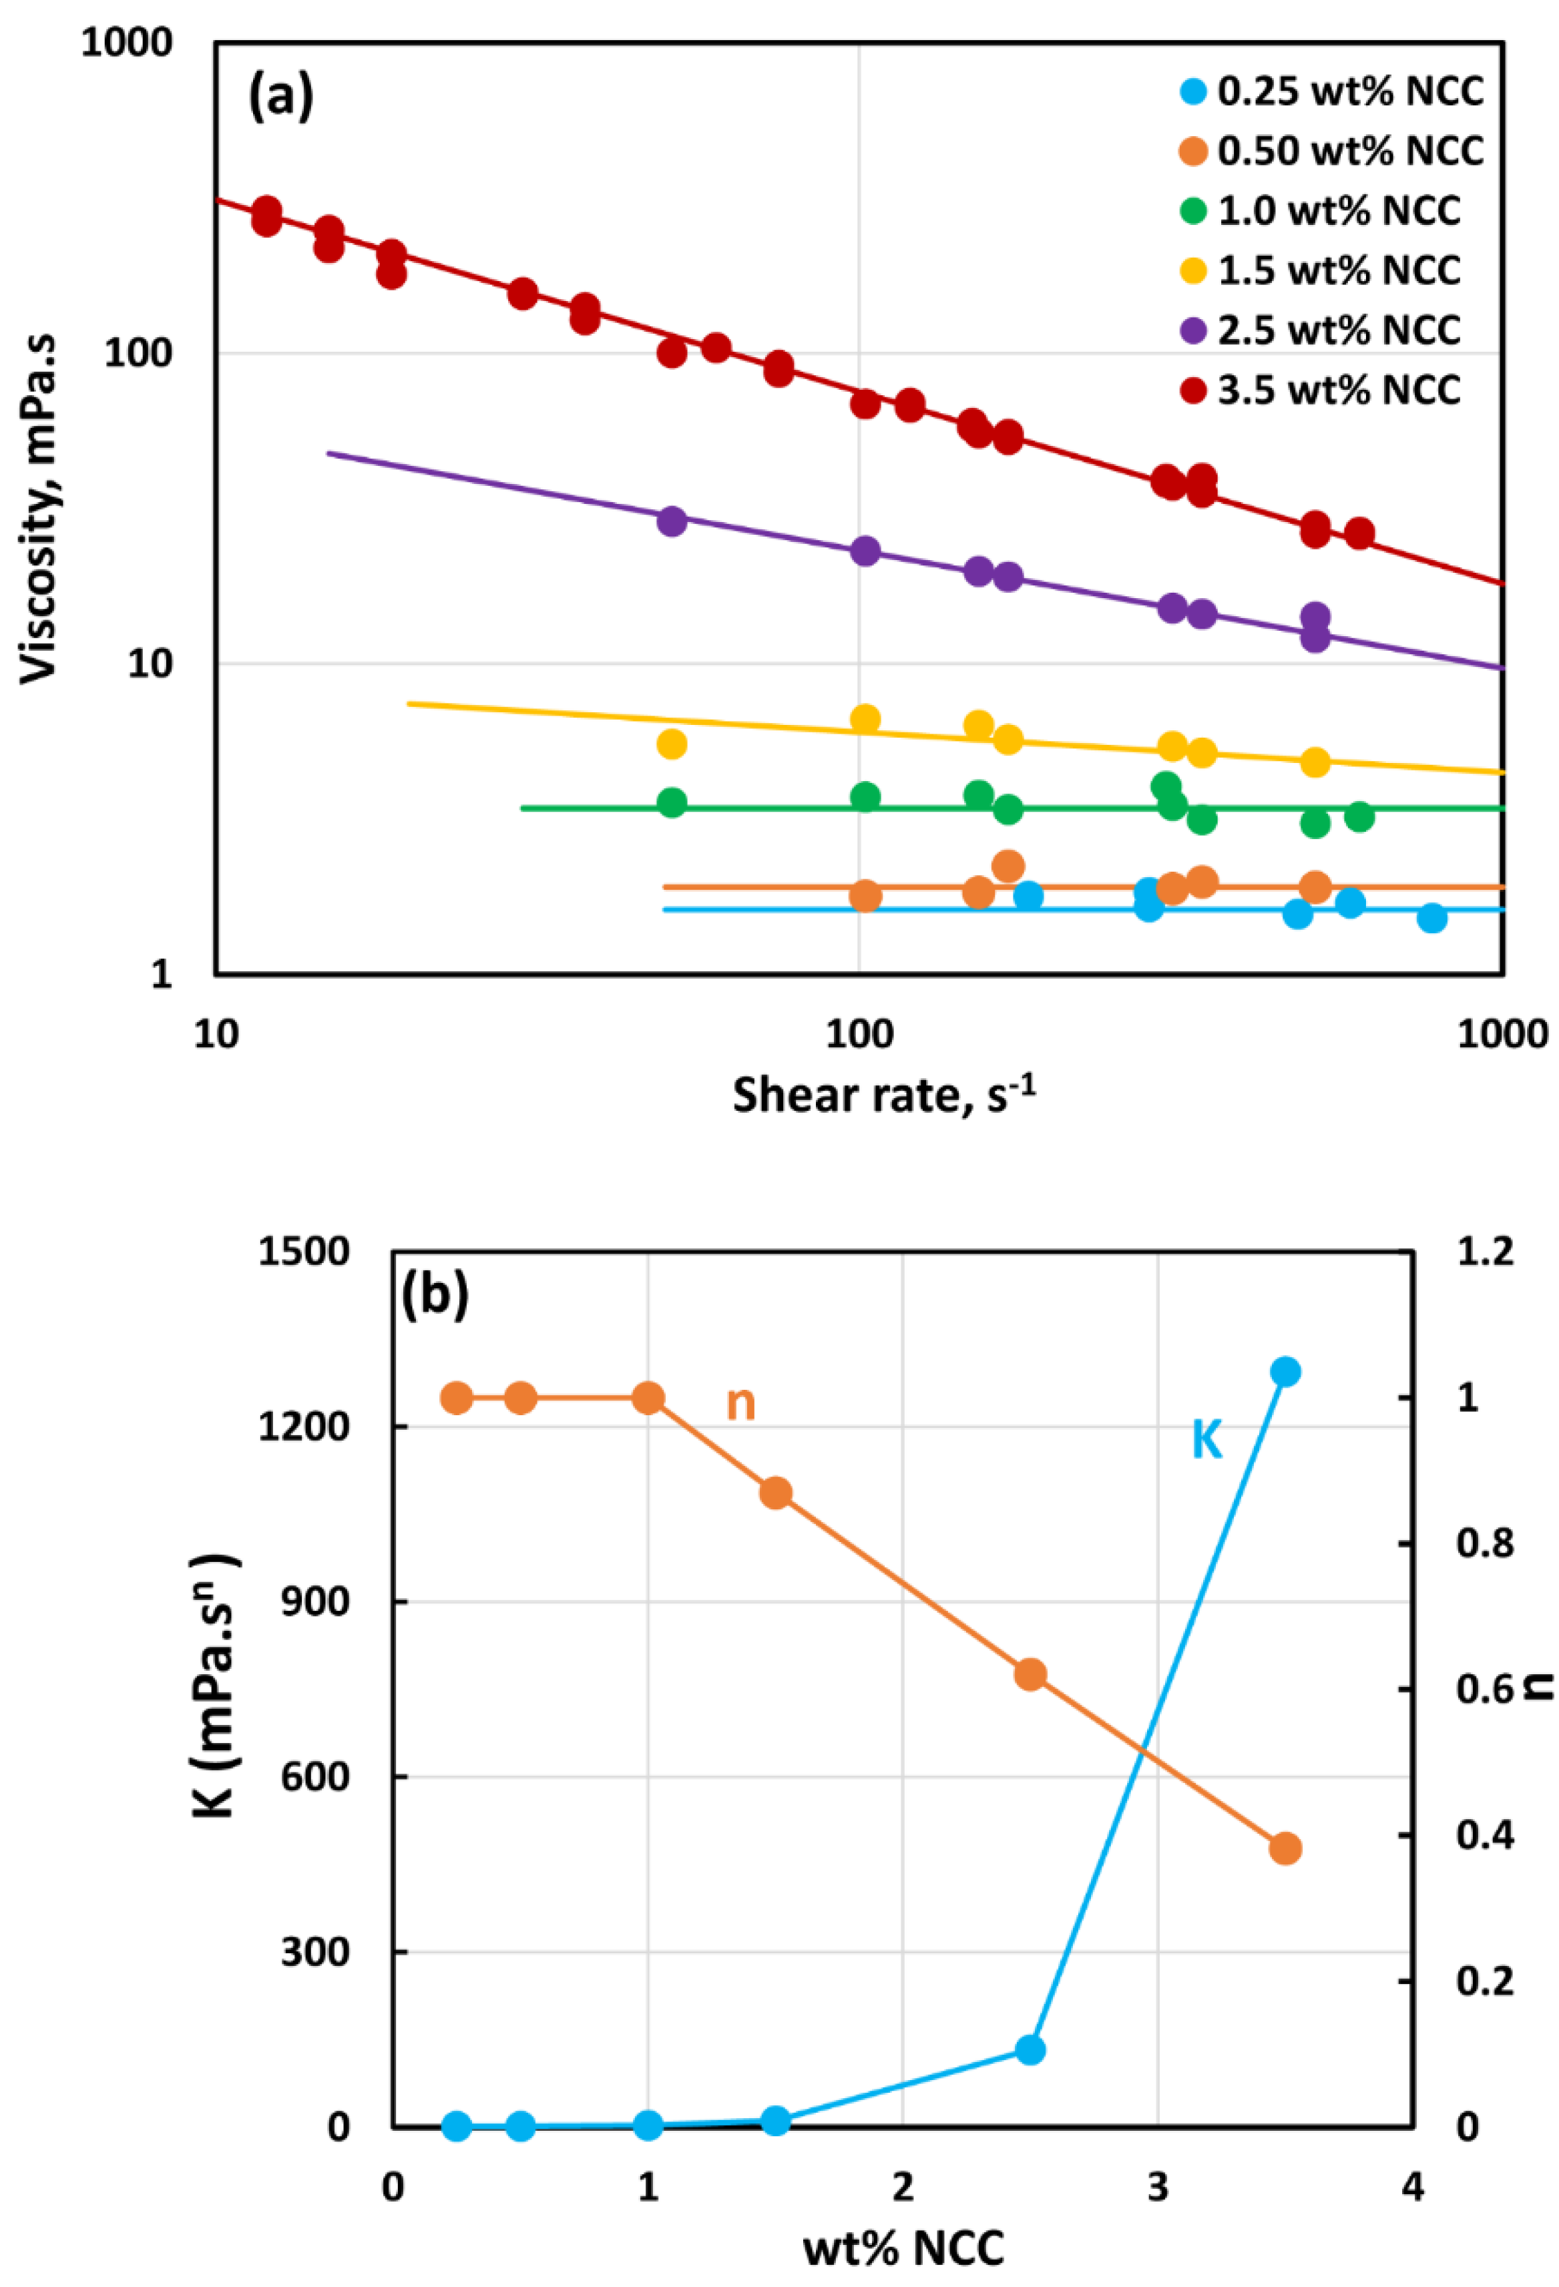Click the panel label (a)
280,96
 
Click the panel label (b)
434,1295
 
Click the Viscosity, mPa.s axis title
39,509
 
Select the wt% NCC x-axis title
903,2250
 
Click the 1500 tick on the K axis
304,1252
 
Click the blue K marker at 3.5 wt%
1285,1372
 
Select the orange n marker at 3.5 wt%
1285,1849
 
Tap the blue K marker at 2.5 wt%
1030,2051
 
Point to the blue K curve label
1206,1442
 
